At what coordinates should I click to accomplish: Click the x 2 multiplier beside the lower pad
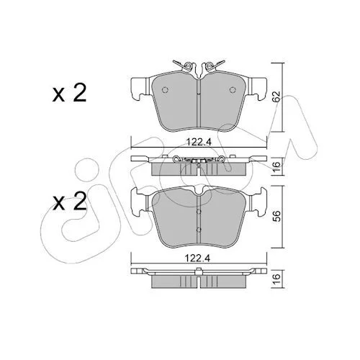pos(70,202)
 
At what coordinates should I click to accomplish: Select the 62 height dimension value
pos(277,96)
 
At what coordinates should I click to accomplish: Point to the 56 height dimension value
pos(277,217)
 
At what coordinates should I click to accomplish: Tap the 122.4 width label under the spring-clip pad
pos(199,143)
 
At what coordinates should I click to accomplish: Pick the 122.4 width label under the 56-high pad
pos(197,258)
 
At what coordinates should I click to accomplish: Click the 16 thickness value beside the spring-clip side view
pos(277,166)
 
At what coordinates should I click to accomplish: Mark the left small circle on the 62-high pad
pos(165,89)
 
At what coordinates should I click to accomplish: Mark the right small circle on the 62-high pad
pos(233,89)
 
